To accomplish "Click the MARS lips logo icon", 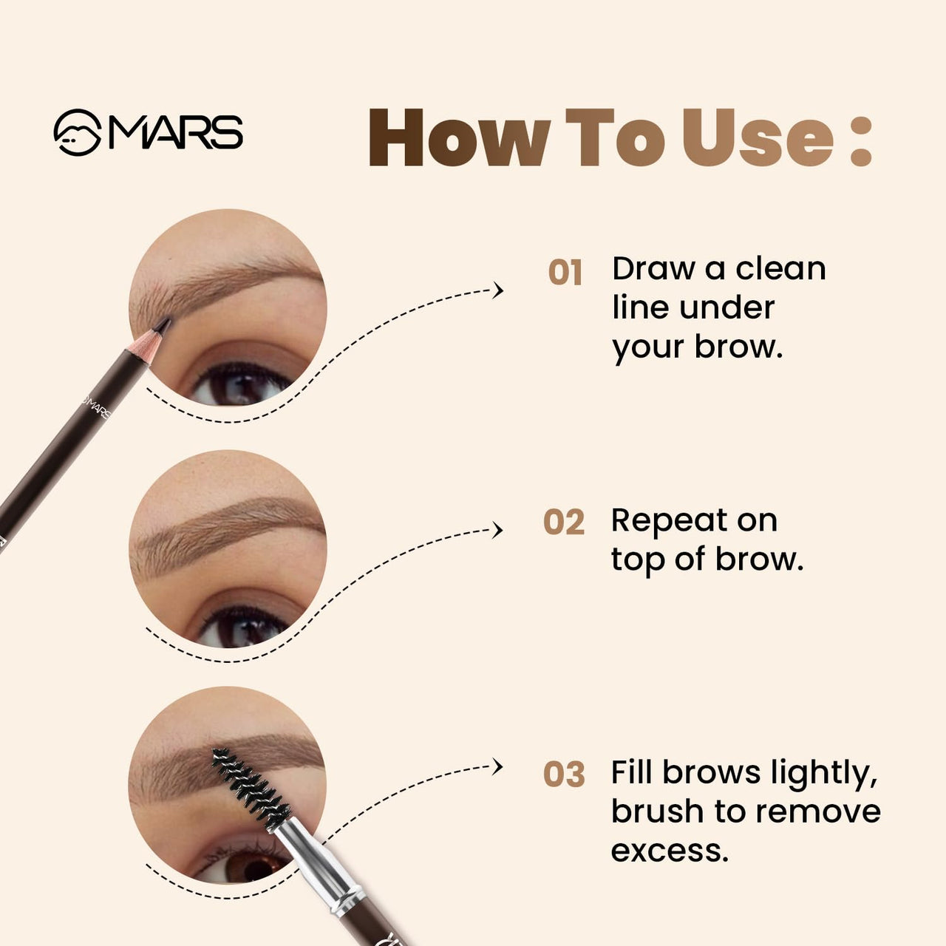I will click(77, 133).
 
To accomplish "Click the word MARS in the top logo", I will click(176, 133).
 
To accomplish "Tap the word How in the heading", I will click(458, 138).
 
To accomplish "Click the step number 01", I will click(565, 273).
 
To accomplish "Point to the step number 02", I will click(564, 523).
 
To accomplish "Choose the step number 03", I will click(564, 775).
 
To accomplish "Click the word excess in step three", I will click(670, 851).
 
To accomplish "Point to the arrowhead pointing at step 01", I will click(499, 290).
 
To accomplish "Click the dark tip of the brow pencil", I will click(163, 325).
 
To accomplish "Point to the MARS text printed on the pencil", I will click(96, 404).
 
